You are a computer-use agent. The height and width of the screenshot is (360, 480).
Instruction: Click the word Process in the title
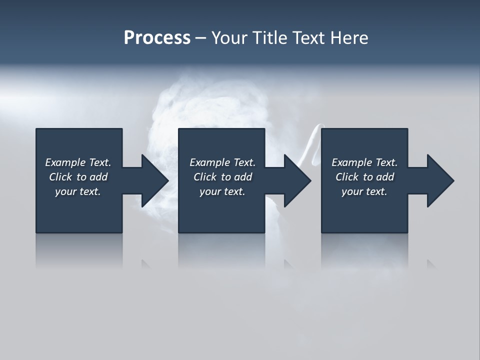point(157,38)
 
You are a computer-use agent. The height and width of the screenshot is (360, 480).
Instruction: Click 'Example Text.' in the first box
point(78,162)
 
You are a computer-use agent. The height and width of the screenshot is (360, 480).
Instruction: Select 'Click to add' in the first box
point(78,177)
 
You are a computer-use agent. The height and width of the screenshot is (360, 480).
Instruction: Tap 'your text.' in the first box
point(78,191)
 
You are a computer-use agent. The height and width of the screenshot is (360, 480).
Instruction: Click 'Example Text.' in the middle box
point(222,162)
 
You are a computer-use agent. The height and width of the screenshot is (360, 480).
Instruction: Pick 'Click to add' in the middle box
point(222,177)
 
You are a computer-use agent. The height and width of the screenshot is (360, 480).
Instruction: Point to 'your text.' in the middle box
point(222,191)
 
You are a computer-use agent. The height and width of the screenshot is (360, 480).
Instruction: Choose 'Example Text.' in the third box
point(364,162)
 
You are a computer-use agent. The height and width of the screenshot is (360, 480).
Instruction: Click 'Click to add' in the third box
point(364,177)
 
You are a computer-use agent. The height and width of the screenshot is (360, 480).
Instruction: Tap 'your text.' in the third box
point(364,191)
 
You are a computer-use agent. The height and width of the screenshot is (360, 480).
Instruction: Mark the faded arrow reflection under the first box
point(145,263)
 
